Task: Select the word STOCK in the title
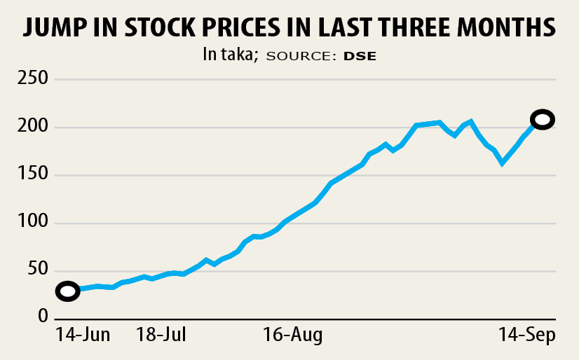point(159,27)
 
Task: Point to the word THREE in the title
point(423,27)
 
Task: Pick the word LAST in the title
point(348,27)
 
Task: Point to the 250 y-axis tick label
point(33,79)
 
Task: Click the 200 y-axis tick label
point(33,127)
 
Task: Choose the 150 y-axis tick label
point(33,176)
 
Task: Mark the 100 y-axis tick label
point(33,224)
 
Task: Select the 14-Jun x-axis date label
point(83,335)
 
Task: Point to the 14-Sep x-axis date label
point(527,335)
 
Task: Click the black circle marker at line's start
point(67,291)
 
